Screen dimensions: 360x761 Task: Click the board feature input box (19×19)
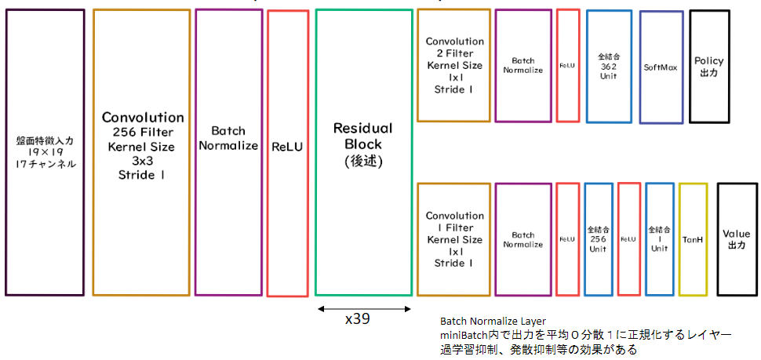tap(45, 152)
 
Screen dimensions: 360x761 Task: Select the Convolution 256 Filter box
tap(141, 152)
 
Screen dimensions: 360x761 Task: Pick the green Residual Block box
tap(363, 152)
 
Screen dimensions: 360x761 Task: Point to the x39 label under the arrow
tap(358, 319)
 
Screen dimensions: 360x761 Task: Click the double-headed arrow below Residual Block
tap(364, 309)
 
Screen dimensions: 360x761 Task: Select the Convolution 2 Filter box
tap(454, 66)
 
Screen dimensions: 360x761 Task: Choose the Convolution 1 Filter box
tap(454, 239)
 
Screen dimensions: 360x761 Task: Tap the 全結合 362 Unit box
tap(609, 67)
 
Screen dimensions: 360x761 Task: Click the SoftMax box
tap(661, 67)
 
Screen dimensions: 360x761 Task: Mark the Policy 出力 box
tap(708, 66)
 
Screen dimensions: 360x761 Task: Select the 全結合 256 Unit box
tap(599, 239)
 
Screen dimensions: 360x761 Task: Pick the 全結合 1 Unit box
tap(659, 239)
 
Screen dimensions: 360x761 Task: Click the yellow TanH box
tap(693, 239)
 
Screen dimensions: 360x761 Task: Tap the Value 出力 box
tap(736, 239)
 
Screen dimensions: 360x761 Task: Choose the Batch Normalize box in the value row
tap(523, 239)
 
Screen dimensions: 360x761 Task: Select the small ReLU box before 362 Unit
tap(568, 67)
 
